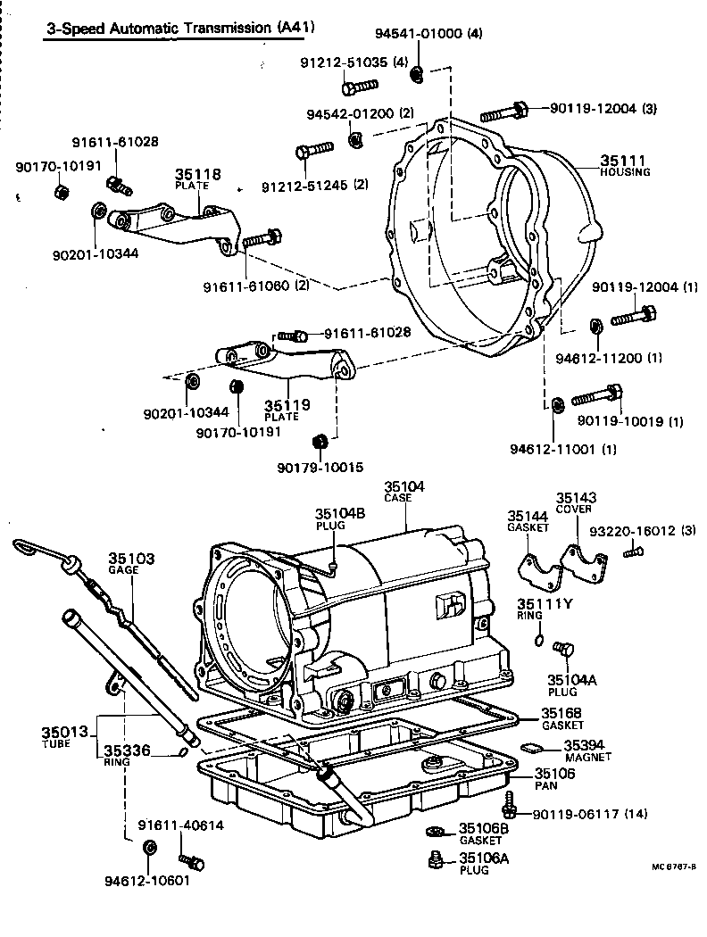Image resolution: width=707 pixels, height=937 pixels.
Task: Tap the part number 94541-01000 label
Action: click(418, 34)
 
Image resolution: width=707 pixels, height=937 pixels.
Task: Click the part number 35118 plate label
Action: click(196, 175)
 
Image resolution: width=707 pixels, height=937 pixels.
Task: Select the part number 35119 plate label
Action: click(287, 406)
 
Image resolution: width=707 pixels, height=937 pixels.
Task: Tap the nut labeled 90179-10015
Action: click(319, 442)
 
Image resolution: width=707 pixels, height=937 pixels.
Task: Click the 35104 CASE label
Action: click(404, 487)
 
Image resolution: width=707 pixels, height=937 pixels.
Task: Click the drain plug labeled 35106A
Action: click(436, 860)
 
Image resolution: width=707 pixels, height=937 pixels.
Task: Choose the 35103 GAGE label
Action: click(131, 560)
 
